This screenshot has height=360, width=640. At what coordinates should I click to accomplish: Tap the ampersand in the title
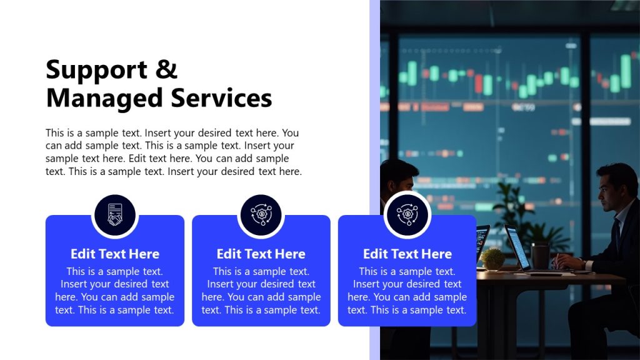pyautogui.click(x=167, y=69)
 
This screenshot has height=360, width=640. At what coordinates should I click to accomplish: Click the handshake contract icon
pyautogui.click(x=114, y=215)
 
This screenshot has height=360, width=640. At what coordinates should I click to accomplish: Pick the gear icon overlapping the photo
pyautogui.click(x=407, y=215)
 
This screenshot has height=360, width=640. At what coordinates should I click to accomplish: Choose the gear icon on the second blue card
pyautogui.click(x=261, y=215)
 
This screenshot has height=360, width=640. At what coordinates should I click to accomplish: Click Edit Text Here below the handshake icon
pyautogui.click(x=115, y=254)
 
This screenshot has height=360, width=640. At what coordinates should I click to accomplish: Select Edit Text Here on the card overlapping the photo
pyautogui.click(x=407, y=254)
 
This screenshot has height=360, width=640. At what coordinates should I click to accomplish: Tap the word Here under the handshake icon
pyautogui.click(x=144, y=254)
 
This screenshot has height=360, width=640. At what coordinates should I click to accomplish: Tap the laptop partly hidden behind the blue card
pyautogui.click(x=482, y=241)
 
